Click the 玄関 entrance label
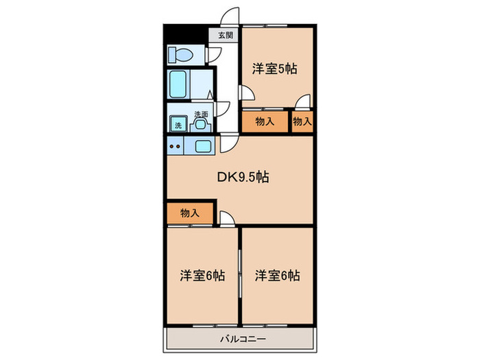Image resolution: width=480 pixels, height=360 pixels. tap(226, 35)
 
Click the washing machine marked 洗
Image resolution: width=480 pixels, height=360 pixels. tap(178, 125)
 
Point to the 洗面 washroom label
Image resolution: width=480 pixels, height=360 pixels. tap(200, 114)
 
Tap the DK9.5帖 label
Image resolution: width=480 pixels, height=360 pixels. tap(243, 177)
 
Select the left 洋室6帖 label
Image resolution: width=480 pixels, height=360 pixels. tap(202, 276)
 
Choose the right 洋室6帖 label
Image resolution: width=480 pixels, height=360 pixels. tap(278, 276)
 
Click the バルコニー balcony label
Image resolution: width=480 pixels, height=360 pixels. tap(239, 338)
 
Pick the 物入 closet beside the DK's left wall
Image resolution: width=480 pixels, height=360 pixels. tap(190, 213)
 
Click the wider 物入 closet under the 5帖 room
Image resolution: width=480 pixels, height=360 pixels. tap(265, 122)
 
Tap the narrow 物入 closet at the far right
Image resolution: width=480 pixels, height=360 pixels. tap(302, 122)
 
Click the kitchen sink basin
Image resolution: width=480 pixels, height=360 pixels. tap(204, 145)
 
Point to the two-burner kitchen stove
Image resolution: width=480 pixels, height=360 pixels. tap(174, 145)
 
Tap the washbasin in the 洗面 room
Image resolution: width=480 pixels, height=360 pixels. tap(200, 124)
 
